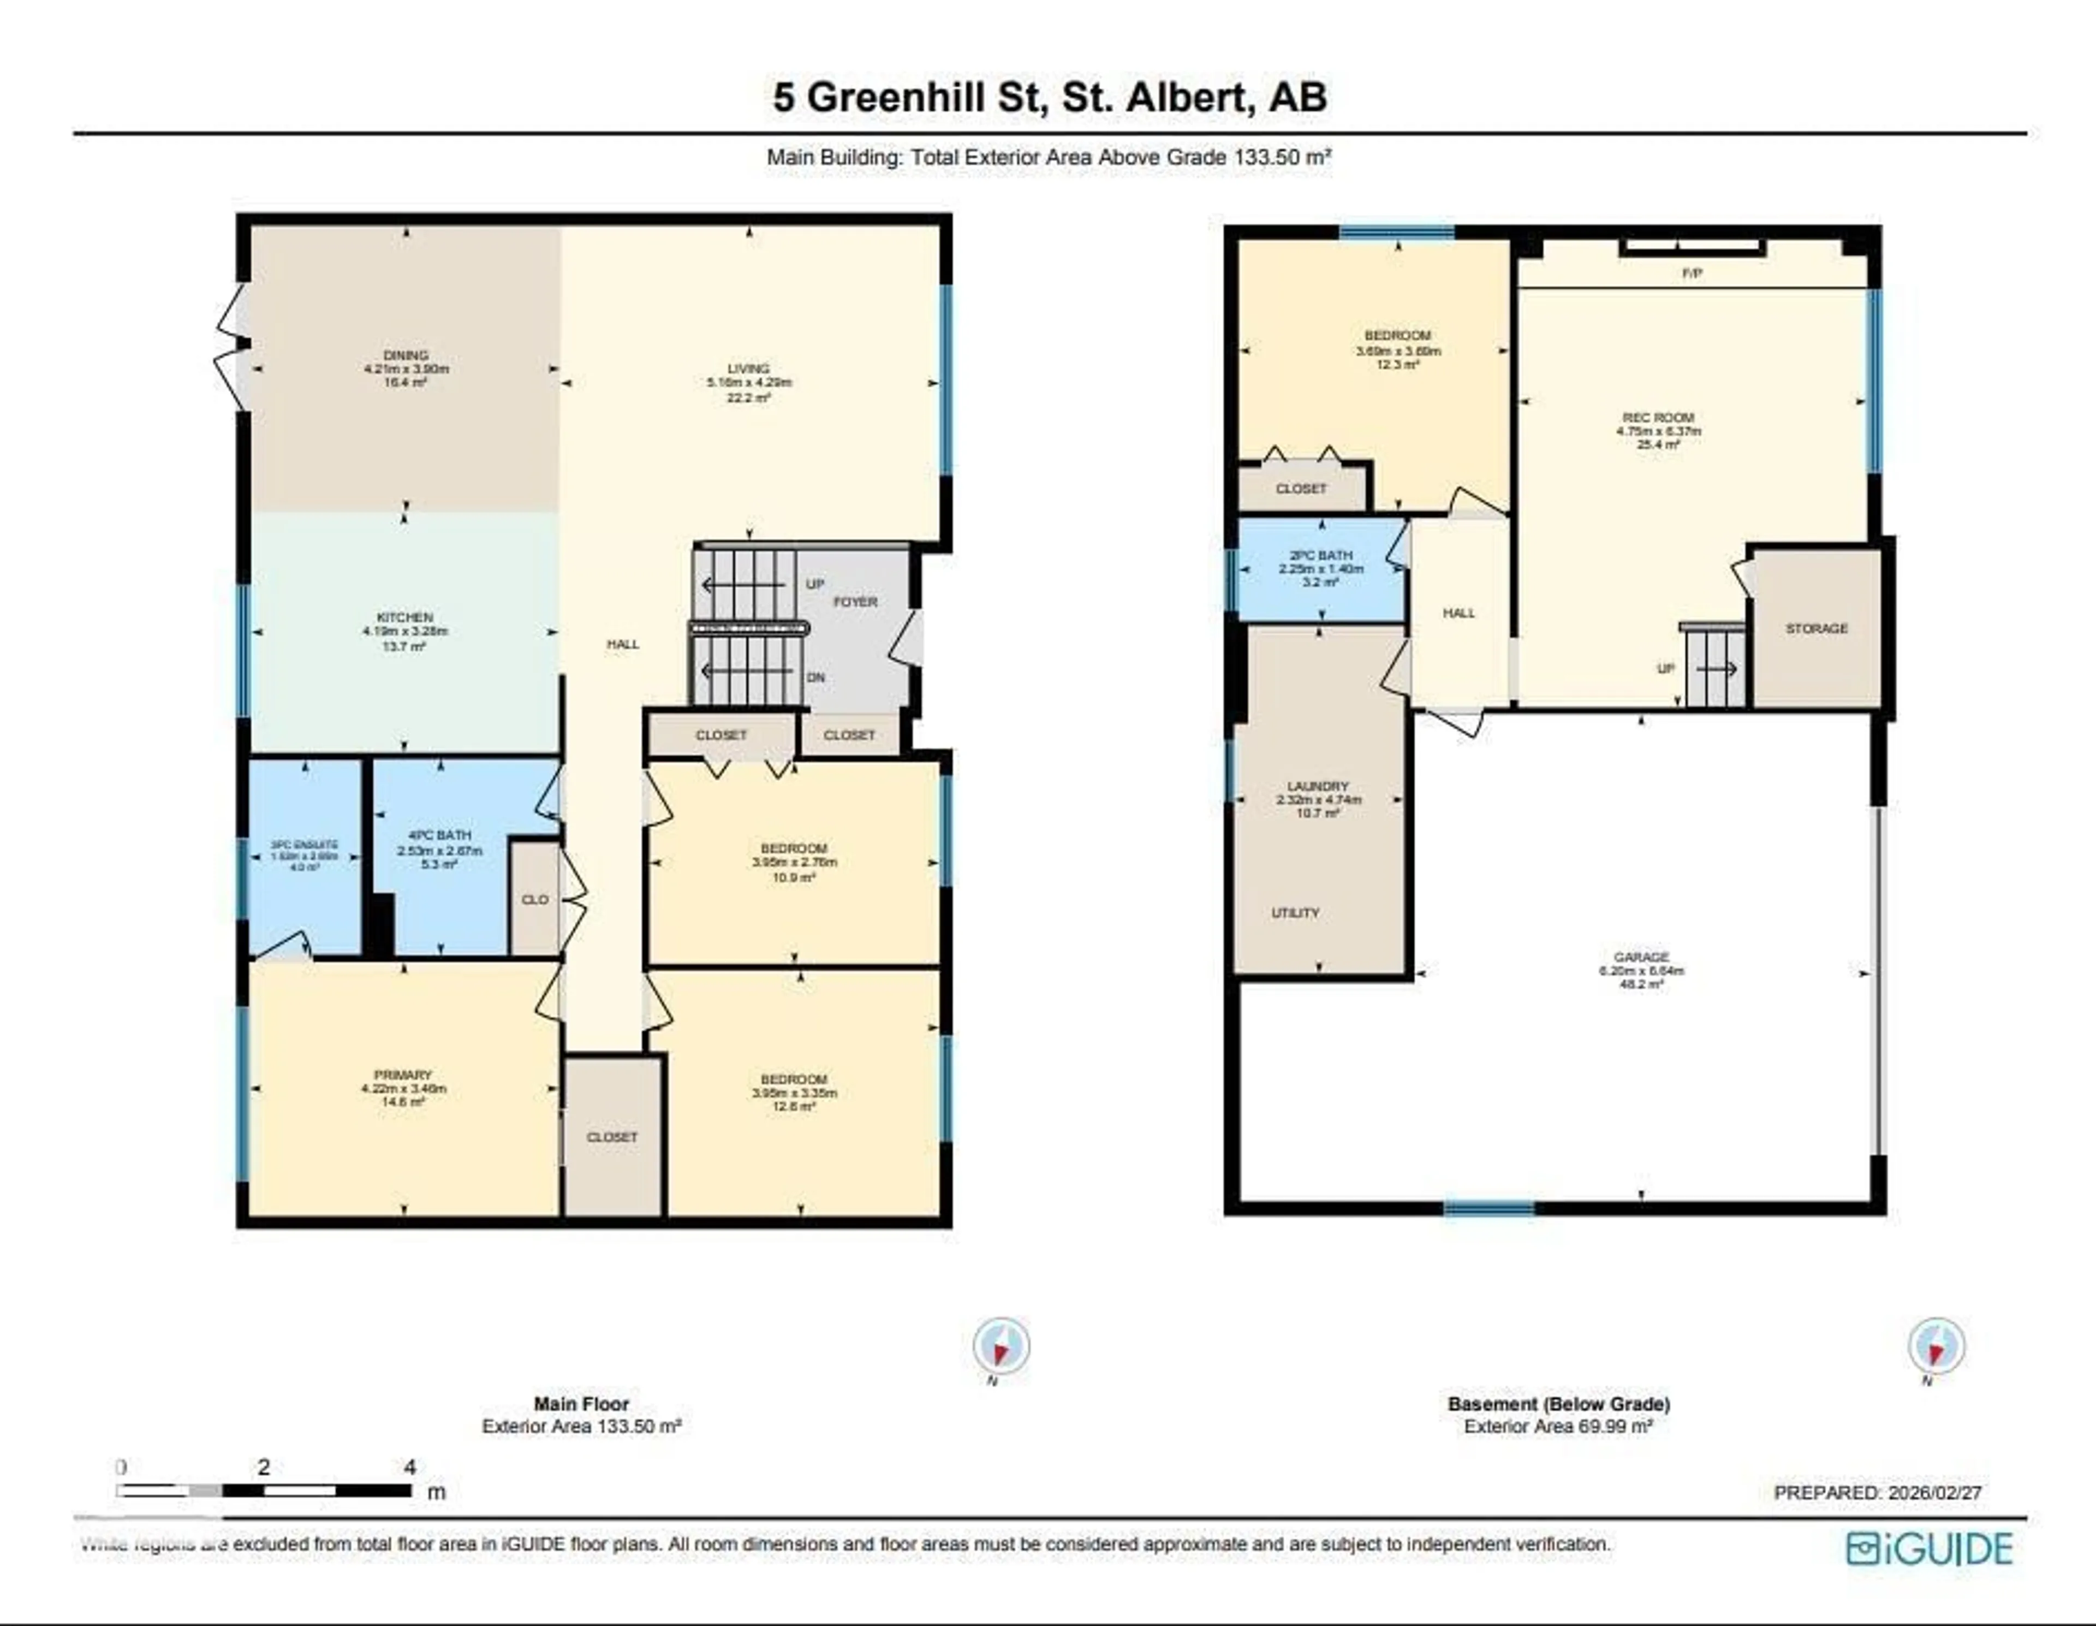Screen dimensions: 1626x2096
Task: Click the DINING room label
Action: point(405,355)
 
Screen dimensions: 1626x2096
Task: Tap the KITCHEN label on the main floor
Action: point(405,617)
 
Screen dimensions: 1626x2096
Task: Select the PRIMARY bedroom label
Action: point(403,1075)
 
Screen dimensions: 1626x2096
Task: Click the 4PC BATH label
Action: point(439,836)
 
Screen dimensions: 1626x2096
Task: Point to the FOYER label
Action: point(855,602)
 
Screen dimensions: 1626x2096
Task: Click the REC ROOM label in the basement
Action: point(1658,418)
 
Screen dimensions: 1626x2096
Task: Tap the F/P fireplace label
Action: point(1692,274)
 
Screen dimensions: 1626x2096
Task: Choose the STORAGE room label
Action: point(1816,628)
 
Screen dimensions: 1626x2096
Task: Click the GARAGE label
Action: point(1641,957)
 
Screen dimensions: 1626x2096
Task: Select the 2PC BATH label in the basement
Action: point(1320,555)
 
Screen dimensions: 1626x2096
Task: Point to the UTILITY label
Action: point(1295,913)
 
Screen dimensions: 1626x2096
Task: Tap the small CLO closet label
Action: point(534,899)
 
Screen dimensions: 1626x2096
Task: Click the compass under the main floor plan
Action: point(1001,1346)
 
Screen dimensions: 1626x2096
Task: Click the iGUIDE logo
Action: point(1929,1549)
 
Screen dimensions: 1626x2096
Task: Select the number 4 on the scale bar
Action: point(410,1467)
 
